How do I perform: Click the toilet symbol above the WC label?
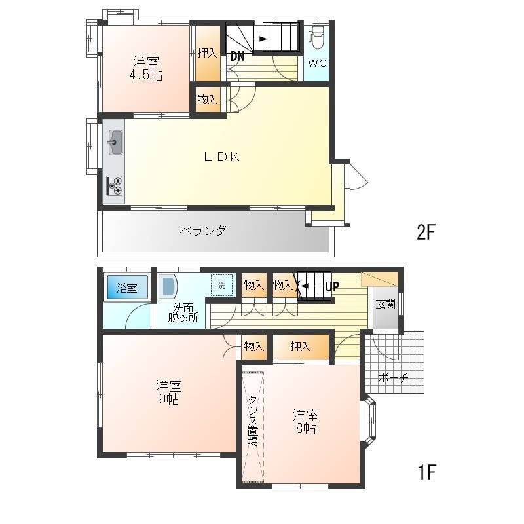click(316, 37)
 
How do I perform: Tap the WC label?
click(317, 63)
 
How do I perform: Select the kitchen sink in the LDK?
click(115, 142)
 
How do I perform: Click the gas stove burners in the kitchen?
click(114, 186)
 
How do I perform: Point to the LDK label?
click(222, 157)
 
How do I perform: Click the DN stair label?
click(237, 56)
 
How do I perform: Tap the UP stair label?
click(332, 286)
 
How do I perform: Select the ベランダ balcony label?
click(203, 231)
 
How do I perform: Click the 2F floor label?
click(426, 232)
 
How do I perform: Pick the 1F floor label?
click(426, 472)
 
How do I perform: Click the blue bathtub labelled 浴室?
click(127, 288)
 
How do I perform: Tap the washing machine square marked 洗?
click(221, 286)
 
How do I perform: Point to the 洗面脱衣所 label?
click(183, 312)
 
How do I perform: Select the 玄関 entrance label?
click(385, 304)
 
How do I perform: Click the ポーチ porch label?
click(393, 378)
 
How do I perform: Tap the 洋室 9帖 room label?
click(169, 392)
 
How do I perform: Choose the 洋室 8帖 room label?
click(306, 422)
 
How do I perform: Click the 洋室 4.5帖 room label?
click(146, 68)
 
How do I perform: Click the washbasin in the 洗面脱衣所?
click(168, 286)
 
